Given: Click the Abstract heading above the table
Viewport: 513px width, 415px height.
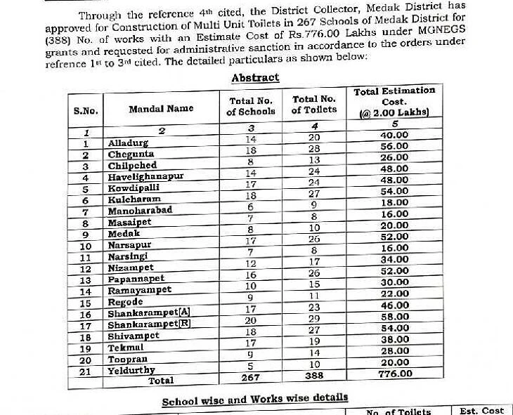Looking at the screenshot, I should pos(255,78).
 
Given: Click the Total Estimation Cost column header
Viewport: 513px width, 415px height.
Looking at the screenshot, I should pos(394,101).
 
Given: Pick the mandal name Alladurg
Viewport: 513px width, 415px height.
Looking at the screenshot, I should pos(129,143).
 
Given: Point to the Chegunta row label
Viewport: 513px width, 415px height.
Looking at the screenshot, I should pos(131,154).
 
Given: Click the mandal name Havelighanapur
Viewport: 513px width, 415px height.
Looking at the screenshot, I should pos(145,177).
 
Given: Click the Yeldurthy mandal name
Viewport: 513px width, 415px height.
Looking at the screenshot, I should pos(131,369).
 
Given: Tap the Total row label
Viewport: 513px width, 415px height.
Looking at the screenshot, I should pos(160,380).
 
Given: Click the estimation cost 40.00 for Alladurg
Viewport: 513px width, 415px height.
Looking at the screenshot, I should pos(394,135).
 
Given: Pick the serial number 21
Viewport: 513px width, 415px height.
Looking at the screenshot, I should pos(85,370).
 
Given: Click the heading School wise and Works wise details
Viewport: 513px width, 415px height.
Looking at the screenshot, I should pos(255,401).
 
